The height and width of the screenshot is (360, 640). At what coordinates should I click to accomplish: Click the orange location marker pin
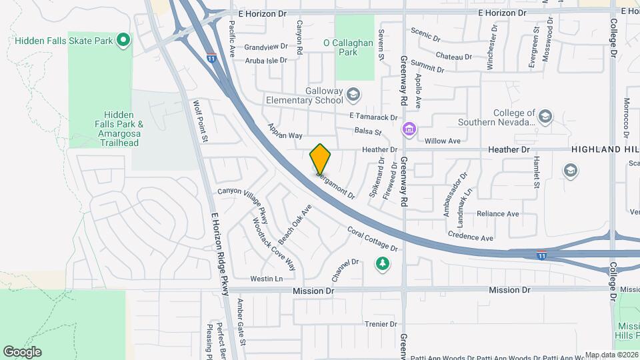321,159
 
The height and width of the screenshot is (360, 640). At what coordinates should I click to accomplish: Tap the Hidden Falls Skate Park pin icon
123,41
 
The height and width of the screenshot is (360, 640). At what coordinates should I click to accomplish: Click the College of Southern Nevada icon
545,117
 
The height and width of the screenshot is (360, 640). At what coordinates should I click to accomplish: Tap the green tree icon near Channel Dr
383,265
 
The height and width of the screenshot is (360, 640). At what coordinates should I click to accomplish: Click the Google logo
22,351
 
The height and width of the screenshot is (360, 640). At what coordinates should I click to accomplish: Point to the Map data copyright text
611,355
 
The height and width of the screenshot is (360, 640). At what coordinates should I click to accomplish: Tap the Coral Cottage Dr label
373,239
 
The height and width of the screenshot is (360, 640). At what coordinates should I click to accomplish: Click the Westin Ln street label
266,278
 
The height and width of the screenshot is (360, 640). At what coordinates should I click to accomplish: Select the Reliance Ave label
497,214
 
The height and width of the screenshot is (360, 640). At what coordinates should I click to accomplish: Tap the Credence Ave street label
470,237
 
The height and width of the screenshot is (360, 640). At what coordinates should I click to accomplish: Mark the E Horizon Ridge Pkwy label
219,253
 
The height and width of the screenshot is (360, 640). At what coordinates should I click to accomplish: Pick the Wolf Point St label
201,121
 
